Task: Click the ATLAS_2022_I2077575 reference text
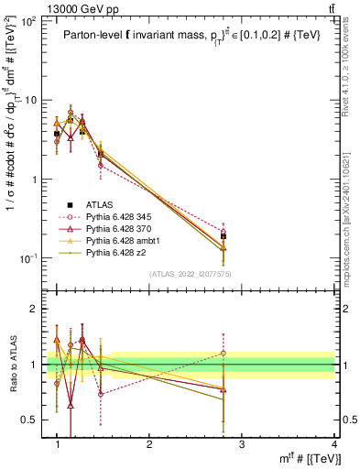(189, 274)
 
